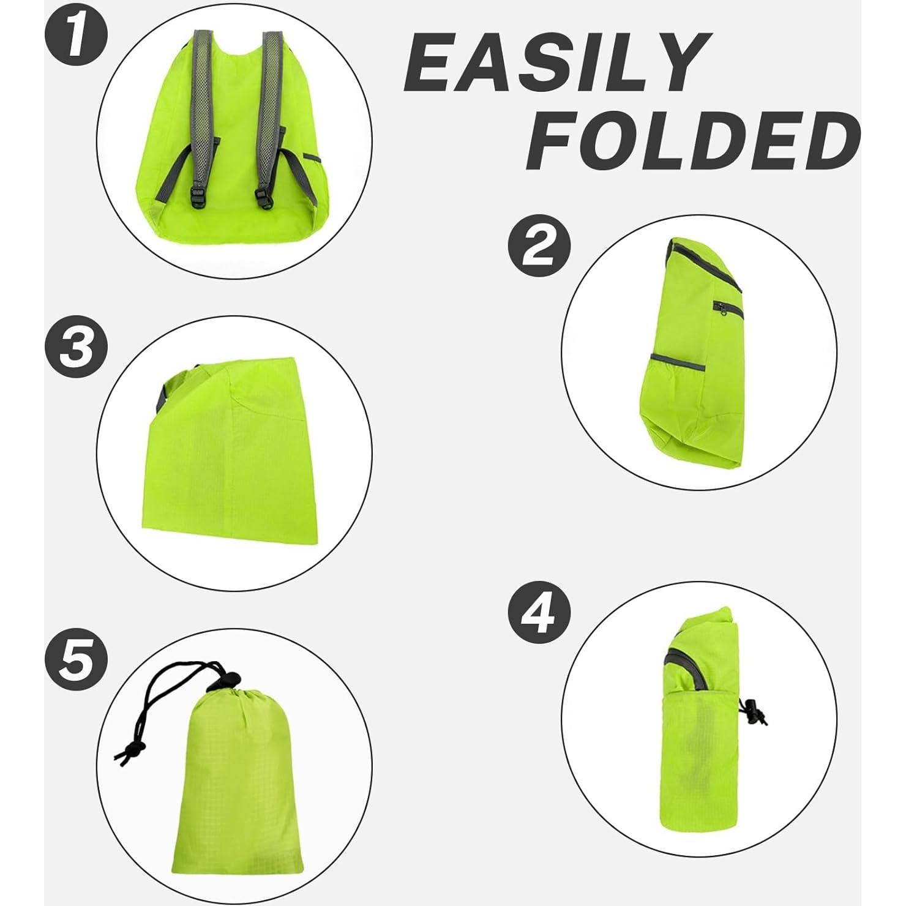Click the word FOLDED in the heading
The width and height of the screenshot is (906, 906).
point(692,141)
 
